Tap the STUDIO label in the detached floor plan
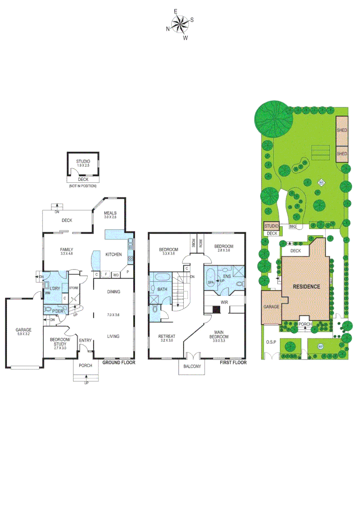[x=83, y=162]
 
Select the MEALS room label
[x=111, y=213]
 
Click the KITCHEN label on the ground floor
[x=114, y=254]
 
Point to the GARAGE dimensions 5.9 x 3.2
[x=23, y=334]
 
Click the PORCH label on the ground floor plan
[x=85, y=365]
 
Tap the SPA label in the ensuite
[x=211, y=282]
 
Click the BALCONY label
[x=192, y=367]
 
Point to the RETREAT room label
[x=167, y=336]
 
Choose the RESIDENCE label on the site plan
[x=307, y=286]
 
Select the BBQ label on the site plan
[x=292, y=227]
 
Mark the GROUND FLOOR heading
[x=119, y=362]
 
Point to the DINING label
[x=113, y=292]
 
